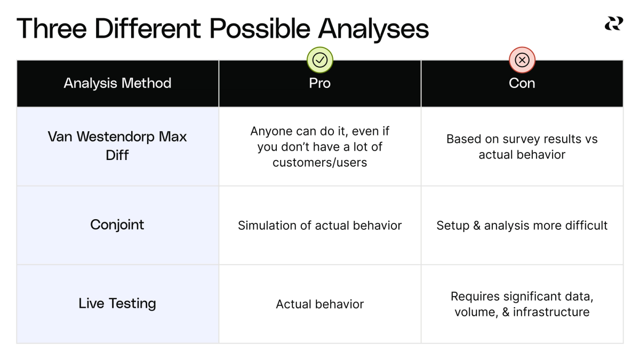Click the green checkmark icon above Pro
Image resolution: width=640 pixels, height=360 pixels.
320,60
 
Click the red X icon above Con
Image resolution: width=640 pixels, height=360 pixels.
522,60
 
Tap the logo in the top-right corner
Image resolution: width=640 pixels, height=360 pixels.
613,24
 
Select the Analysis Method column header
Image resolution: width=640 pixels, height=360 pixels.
117,83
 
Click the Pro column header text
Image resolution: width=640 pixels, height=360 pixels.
320,83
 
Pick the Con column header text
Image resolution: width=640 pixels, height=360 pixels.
522,83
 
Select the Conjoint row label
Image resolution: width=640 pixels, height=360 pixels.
117,225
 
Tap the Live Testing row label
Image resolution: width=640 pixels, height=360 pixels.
117,303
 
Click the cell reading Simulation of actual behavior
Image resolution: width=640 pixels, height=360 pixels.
320,226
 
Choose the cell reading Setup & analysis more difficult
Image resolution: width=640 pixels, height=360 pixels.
522,226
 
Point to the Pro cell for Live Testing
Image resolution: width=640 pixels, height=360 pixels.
320,305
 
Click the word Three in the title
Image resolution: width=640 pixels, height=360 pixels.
52,28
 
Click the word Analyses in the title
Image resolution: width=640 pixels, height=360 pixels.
374,28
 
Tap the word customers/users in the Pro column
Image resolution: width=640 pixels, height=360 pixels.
320,163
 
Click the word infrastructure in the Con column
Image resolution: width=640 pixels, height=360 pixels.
551,312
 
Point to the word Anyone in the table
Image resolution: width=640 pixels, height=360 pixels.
271,131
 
